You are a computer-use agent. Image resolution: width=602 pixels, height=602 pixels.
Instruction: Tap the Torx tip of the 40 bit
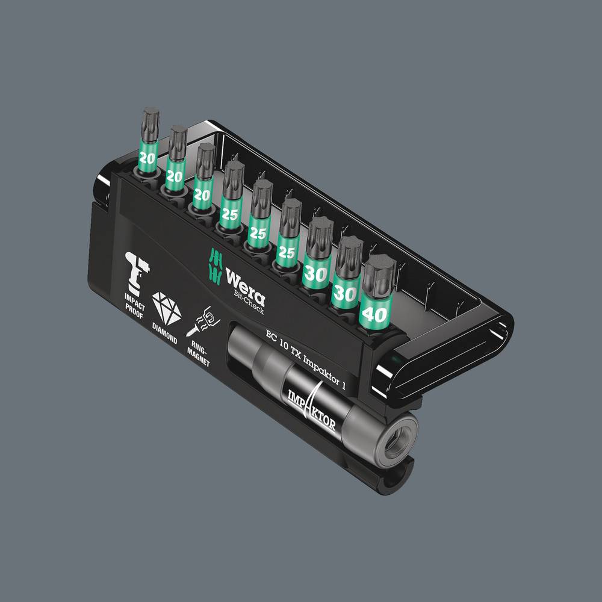coord(379,269)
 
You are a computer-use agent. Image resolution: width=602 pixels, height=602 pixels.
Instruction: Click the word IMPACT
coord(134,298)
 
